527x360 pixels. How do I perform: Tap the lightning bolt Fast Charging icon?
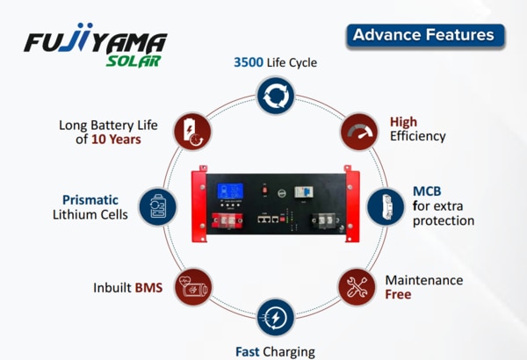click(x=275, y=317)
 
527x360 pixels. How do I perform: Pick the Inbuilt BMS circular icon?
click(x=192, y=286)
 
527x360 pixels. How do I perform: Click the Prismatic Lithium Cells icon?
click(x=158, y=208)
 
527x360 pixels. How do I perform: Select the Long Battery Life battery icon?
click(x=192, y=131)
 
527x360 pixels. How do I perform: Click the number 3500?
click(x=249, y=63)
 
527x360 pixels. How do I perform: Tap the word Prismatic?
click(x=90, y=199)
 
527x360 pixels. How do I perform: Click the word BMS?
click(x=148, y=287)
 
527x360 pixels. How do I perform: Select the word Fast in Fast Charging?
click(x=247, y=352)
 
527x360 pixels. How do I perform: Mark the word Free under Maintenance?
click(x=398, y=295)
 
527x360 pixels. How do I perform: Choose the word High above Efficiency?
click(x=404, y=122)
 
